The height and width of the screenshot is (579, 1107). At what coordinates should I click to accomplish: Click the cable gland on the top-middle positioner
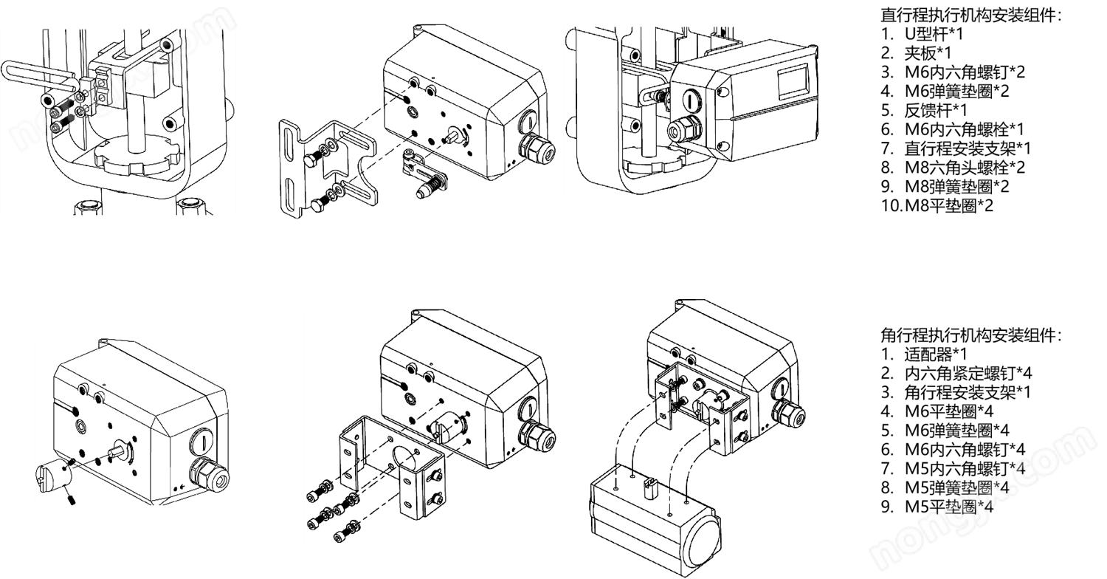tap(536, 148)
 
